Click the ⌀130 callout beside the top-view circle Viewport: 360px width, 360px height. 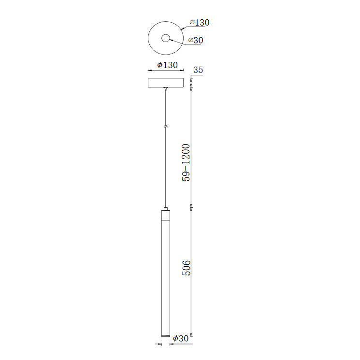pos(200,23)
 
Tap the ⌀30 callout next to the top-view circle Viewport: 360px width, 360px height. pos(196,40)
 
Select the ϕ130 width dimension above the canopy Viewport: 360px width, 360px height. pos(167,65)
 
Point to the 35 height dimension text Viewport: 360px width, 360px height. pos(198,70)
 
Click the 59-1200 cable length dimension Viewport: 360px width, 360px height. pos(186,162)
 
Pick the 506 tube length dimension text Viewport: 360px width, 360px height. pos(186,268)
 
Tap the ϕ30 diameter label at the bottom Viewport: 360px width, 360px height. pos(181,338)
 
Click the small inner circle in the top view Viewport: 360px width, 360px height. pos(166,38)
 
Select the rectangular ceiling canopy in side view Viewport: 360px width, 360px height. pos(166,83)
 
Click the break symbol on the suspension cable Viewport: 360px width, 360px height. pos(166,126)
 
